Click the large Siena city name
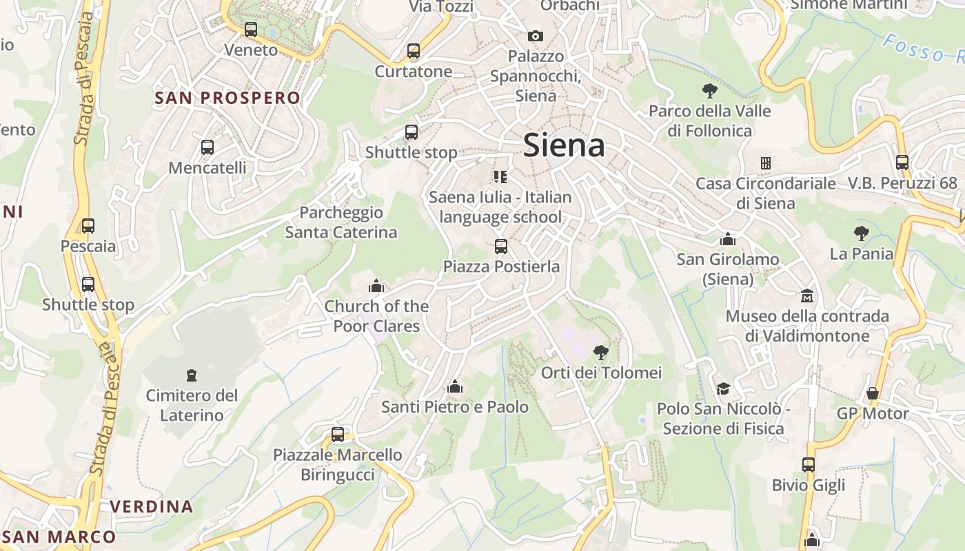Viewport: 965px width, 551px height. click(564, 145)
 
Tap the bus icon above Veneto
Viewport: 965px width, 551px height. click(251, 30)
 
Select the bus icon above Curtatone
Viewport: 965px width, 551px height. click(414, 51)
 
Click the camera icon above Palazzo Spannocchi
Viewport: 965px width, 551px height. click(536, 36)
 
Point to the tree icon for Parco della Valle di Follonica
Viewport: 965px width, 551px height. click(709, 90)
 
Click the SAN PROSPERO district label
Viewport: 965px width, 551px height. click(227, 98)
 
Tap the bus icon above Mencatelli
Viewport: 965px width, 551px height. click(207, 147)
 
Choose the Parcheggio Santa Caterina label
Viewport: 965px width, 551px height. click(341, 222)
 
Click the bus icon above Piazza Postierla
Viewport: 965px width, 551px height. click(501, 246)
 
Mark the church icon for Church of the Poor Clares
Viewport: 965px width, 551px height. click(376, 286)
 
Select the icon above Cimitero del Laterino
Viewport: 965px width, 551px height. click(192, 375)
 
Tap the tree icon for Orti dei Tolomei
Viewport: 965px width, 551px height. click(601, 353)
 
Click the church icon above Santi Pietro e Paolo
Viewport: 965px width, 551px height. click(455, 387)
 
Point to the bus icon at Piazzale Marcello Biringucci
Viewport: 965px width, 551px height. click(338, 435)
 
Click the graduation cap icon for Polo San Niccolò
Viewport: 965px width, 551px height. click(722, 388)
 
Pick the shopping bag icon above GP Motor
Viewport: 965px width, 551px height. click(873, 393)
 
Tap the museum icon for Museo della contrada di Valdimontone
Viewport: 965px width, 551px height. click(806, 296)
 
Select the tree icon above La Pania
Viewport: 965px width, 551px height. click(861, 233)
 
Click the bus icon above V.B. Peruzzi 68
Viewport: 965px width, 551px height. click(902, 163)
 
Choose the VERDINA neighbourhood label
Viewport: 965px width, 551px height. click(152, 507)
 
